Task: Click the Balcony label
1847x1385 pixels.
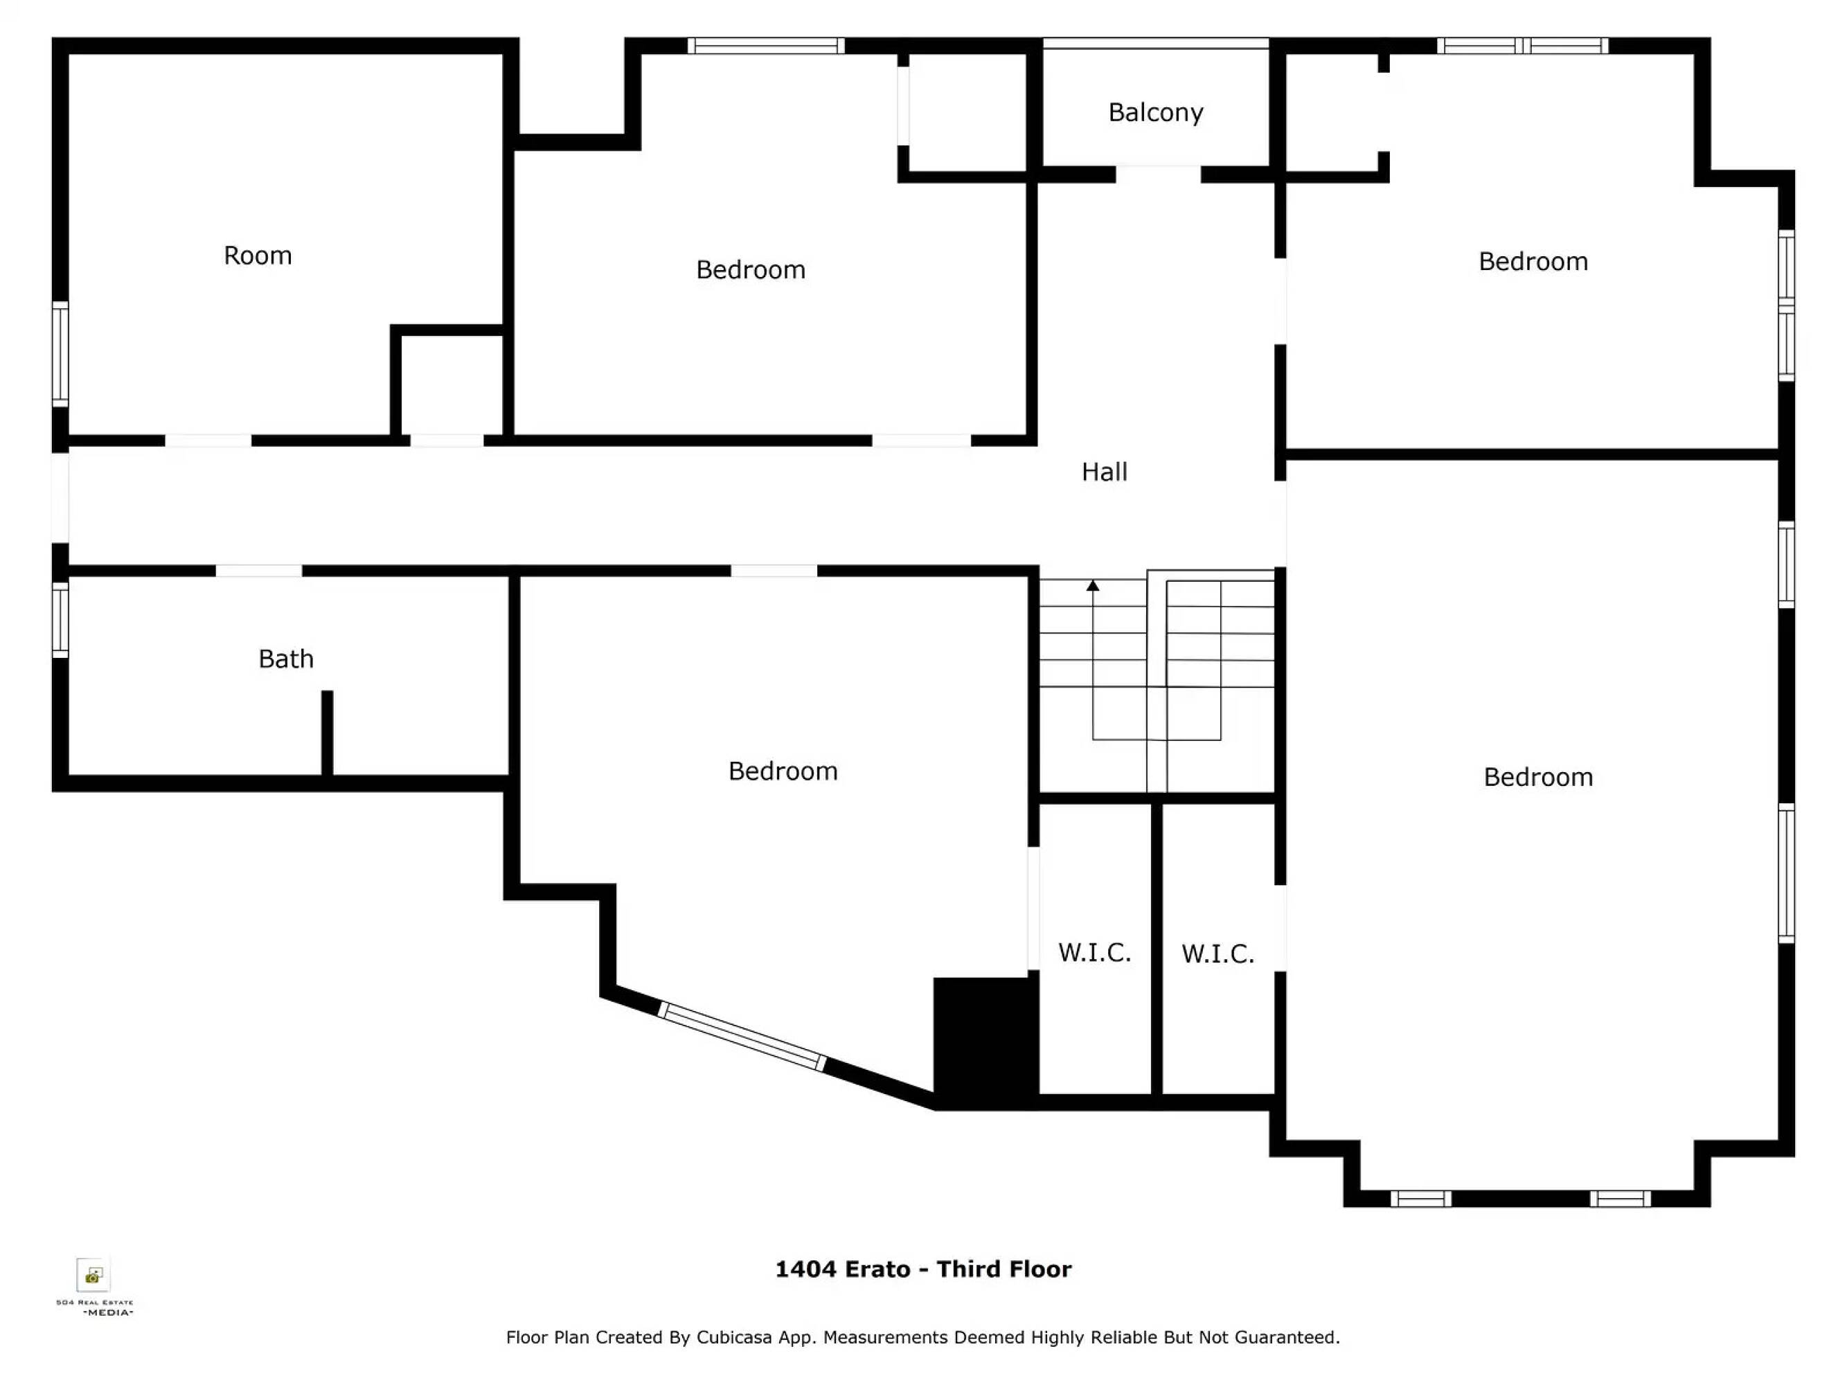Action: tap(1156, 113)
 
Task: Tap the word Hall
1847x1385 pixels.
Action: tap(1104, 472)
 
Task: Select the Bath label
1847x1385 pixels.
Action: tap(285, 659)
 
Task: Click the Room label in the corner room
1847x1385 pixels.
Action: tap(257, 255)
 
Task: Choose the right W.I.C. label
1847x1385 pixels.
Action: tap(1217, 954)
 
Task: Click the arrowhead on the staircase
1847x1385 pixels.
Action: tap(1092, 585)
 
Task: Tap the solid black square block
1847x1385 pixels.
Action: tap(985, 1040)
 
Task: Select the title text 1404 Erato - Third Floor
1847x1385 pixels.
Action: tap(922, 1269)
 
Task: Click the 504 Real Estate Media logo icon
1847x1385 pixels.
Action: tap(93, 1275)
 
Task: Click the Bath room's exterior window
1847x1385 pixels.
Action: tap(60, 620)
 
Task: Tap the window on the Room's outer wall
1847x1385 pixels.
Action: tap(60, 354)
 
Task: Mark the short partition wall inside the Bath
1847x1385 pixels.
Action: tap(328, 733)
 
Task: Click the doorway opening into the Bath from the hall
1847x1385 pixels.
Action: tap(259, 571)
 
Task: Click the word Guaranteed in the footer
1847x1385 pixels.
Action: tap(1287, 1337)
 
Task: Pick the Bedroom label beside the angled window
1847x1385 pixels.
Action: tap(783, 771)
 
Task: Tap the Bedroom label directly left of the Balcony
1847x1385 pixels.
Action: tap(751, 269)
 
